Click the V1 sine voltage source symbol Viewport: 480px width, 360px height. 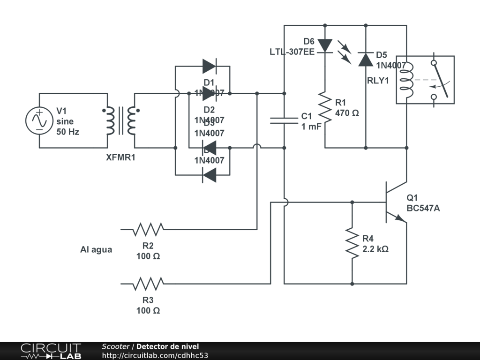(x=39, y=120)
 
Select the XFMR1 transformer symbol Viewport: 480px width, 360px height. (x=120, y=120)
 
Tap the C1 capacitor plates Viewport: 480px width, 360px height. (x=284, y=120)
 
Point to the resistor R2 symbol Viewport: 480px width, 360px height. (x=148, y=229)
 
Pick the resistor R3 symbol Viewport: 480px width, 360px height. (x=148, y=284)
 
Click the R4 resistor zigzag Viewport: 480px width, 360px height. (x=352, y=242)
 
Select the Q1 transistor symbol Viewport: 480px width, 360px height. (x=394, y=202)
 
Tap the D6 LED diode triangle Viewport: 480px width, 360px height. (x=324, y=45)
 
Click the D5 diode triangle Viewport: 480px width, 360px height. (x=365, y=60)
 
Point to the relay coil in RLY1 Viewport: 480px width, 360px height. (x=406, y=80)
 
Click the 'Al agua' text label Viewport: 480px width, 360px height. (x=96, y=250)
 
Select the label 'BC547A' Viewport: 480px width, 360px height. (x=423, y=209)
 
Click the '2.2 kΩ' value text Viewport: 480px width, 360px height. (x=375, y=249)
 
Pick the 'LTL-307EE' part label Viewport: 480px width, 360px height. (x=292, y=52)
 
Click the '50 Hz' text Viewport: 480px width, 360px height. (x=68, y=132)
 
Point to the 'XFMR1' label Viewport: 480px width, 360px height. (x=120, y=157)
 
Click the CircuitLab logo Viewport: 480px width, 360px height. (x=50, y=351)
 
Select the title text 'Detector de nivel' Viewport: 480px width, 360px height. (x=167, y=346)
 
